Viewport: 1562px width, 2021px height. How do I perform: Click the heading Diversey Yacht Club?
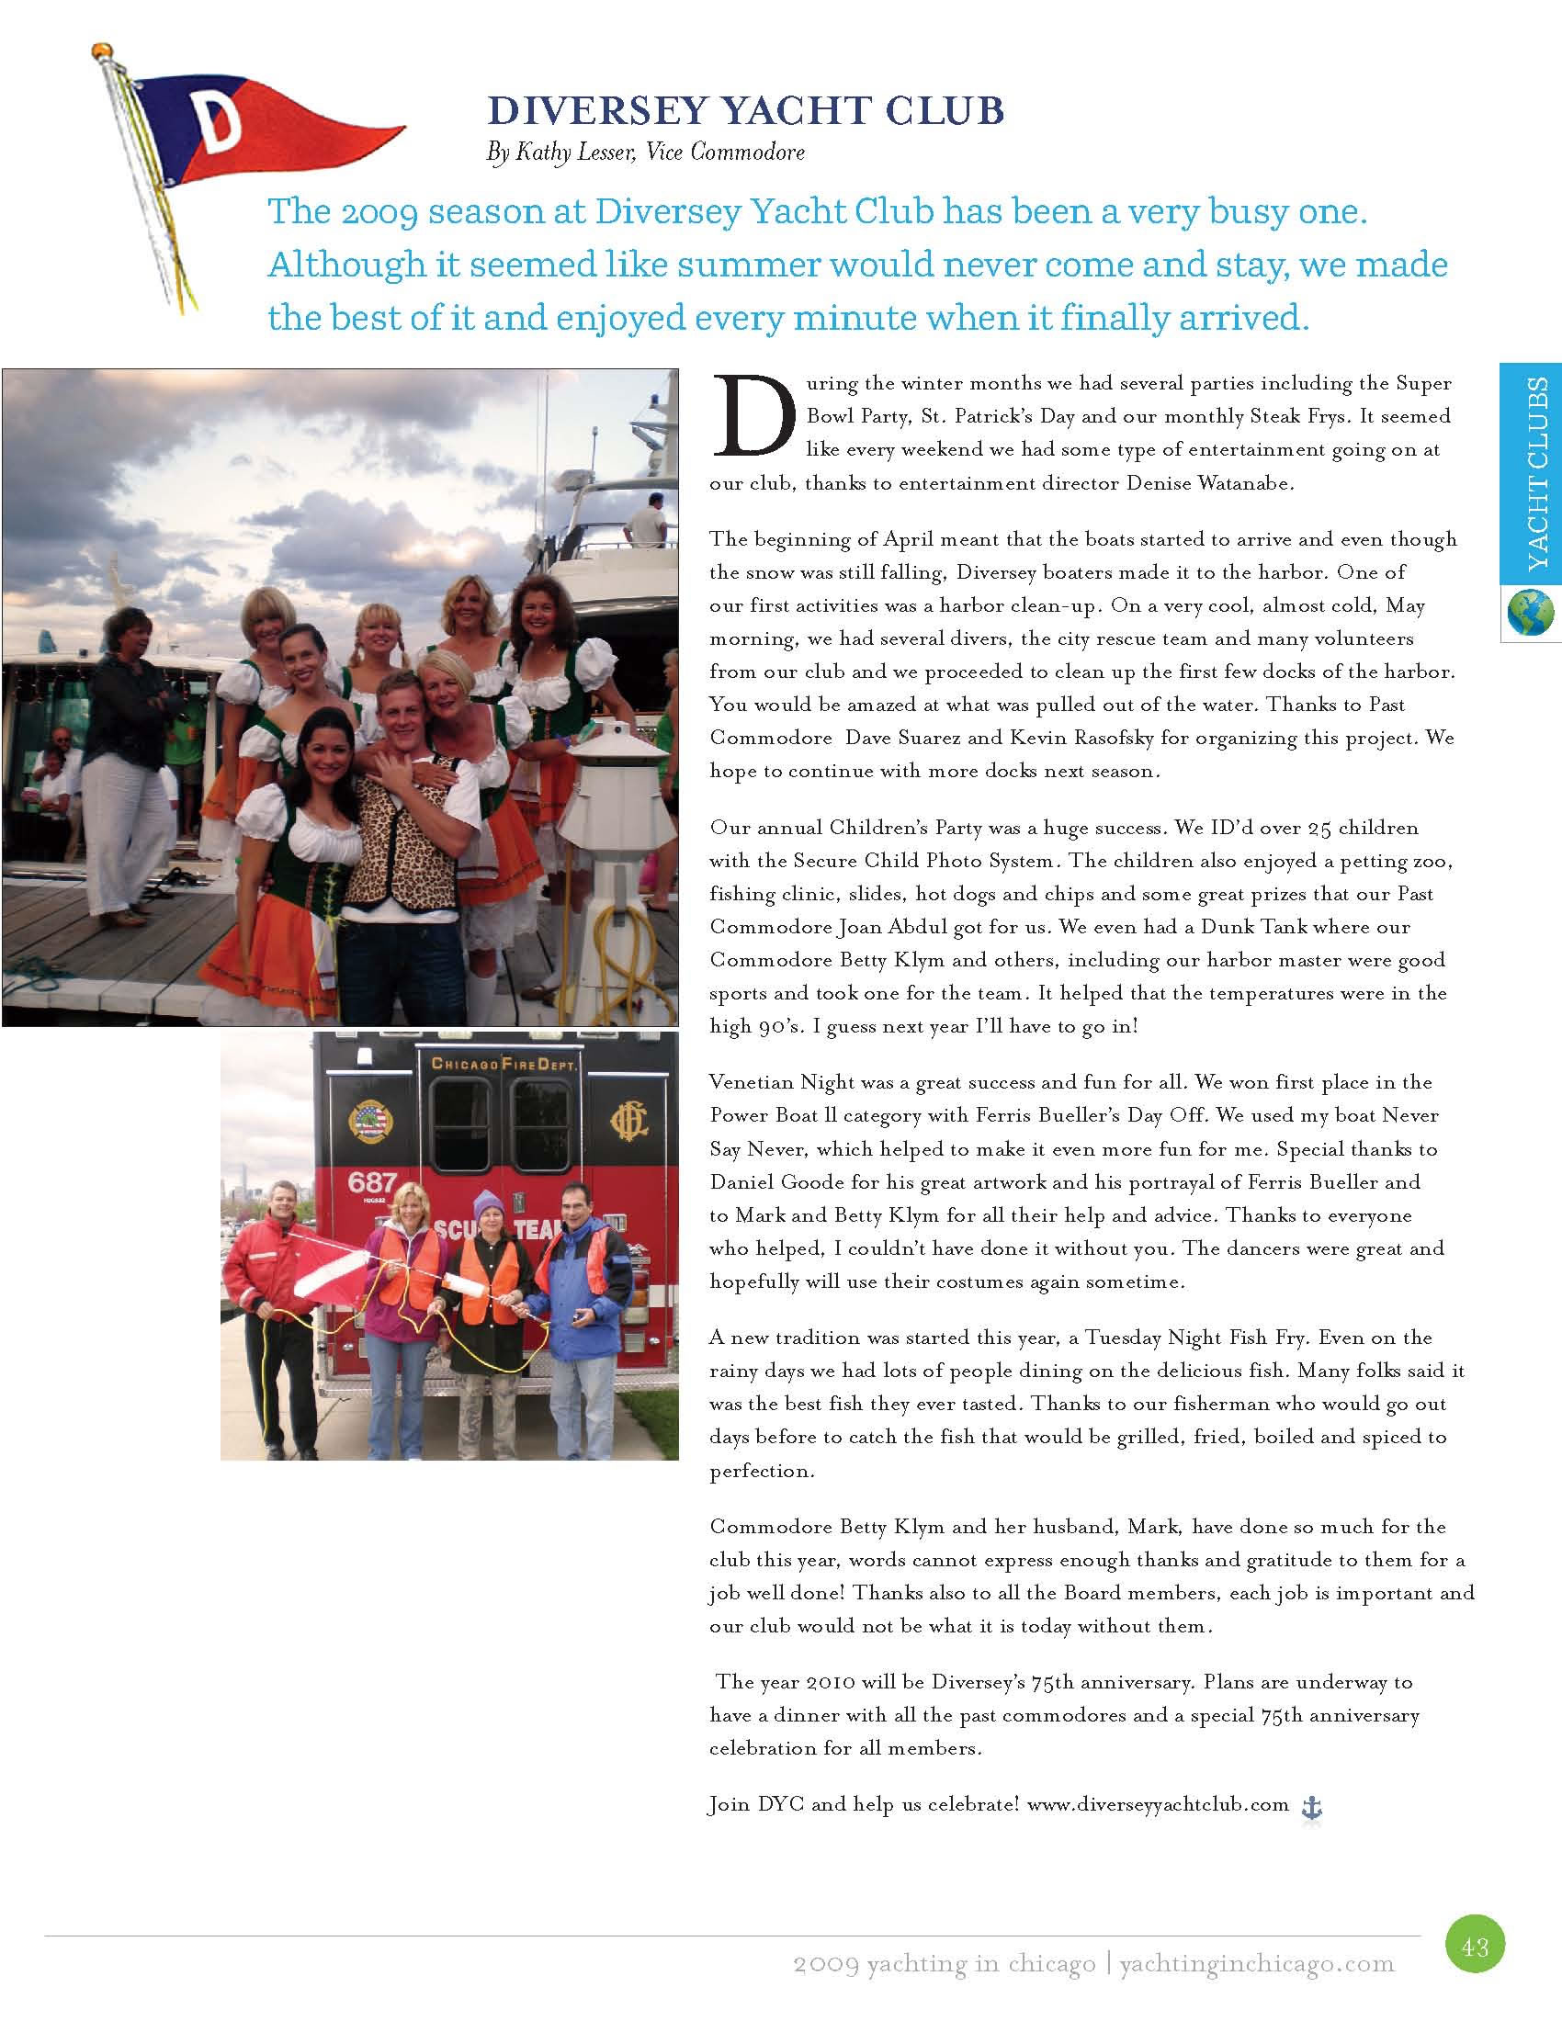745,111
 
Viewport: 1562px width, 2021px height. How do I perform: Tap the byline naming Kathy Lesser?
645,152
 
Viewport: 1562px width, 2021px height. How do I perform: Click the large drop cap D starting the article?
752,416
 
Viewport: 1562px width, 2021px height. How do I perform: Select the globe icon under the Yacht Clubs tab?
1530,614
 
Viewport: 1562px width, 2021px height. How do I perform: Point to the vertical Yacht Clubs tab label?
1537,473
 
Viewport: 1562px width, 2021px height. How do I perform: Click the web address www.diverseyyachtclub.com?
1158,1803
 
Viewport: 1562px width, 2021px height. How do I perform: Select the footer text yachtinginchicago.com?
1256,1964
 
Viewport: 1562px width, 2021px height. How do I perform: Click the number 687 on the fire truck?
372,1183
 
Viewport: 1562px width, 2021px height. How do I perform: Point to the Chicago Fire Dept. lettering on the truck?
504,1064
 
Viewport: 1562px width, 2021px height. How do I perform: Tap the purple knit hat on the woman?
487,1204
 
